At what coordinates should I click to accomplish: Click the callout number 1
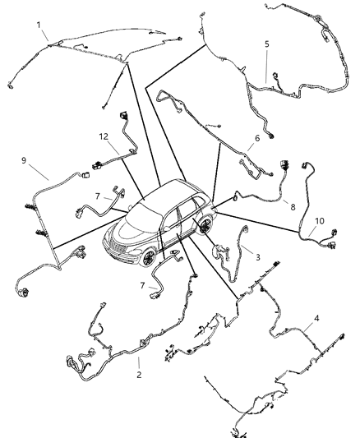point(39,25)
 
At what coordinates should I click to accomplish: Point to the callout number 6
point(257,139)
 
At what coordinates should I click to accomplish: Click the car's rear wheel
point(204,224)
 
